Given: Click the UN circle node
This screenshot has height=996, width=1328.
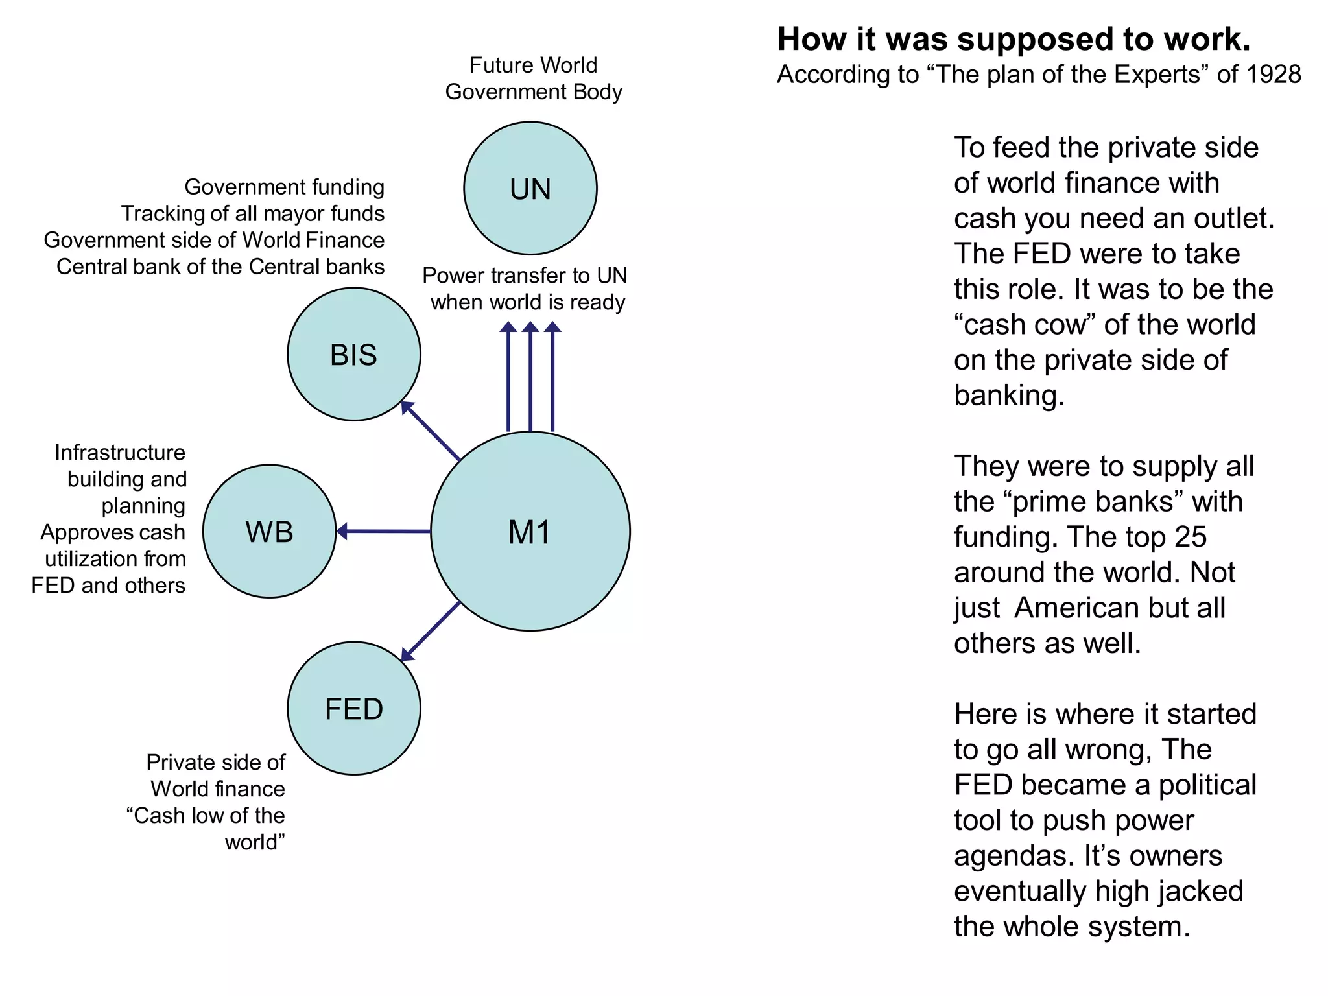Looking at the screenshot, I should [x=530, y=188].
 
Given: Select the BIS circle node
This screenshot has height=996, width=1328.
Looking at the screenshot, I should [x=354, y=354].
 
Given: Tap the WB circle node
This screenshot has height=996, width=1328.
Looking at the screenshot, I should [x=270, y=531].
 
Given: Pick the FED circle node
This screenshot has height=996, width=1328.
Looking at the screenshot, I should [x=354, y=708].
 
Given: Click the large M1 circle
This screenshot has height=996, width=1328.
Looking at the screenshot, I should [x=530, y=531].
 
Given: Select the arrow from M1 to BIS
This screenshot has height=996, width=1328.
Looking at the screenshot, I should [x=431, y=431].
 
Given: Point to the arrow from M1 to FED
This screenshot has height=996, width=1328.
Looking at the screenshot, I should [x=431, y=632].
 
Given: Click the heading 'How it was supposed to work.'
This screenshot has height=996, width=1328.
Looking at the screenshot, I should [x=1014, y=39].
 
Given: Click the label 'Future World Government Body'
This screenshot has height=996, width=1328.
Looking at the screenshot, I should [x=533, y=78].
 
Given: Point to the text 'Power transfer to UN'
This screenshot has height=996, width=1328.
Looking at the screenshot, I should [x=525, y=276].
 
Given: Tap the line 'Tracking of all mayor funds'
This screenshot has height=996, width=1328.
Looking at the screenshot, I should [x=253, y=213].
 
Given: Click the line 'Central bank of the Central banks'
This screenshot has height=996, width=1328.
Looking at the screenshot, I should [x=220, y=267].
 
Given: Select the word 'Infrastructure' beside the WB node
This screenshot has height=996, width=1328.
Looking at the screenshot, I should [x=120, y=453].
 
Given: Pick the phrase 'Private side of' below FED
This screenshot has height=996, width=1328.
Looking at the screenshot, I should [x=215, y=762].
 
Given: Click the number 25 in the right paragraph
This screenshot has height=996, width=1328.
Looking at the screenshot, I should [x=1190, y=537].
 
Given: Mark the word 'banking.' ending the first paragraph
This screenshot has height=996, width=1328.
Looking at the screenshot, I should [x=1009, y=396].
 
